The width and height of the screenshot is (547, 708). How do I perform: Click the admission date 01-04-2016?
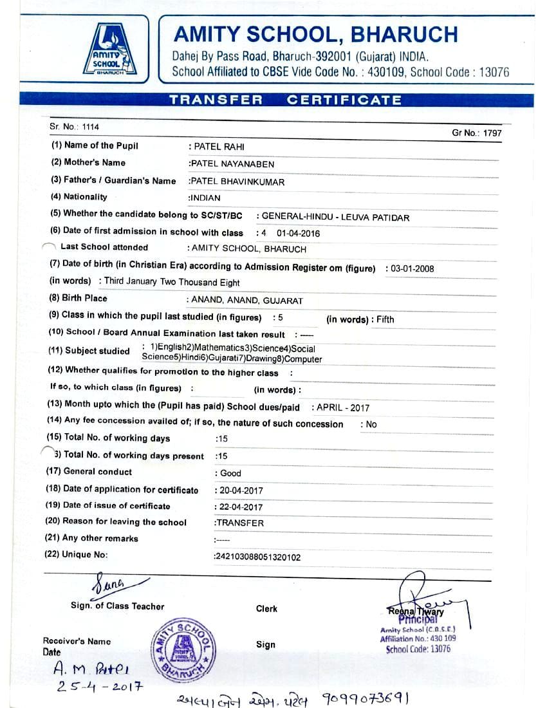[298, 234]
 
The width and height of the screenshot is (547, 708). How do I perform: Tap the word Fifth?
[385, 319]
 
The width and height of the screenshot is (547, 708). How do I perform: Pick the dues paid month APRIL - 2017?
[342, 407]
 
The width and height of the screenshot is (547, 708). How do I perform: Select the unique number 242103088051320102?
[257, 557]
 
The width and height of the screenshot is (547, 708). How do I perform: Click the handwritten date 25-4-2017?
[99, 686]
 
